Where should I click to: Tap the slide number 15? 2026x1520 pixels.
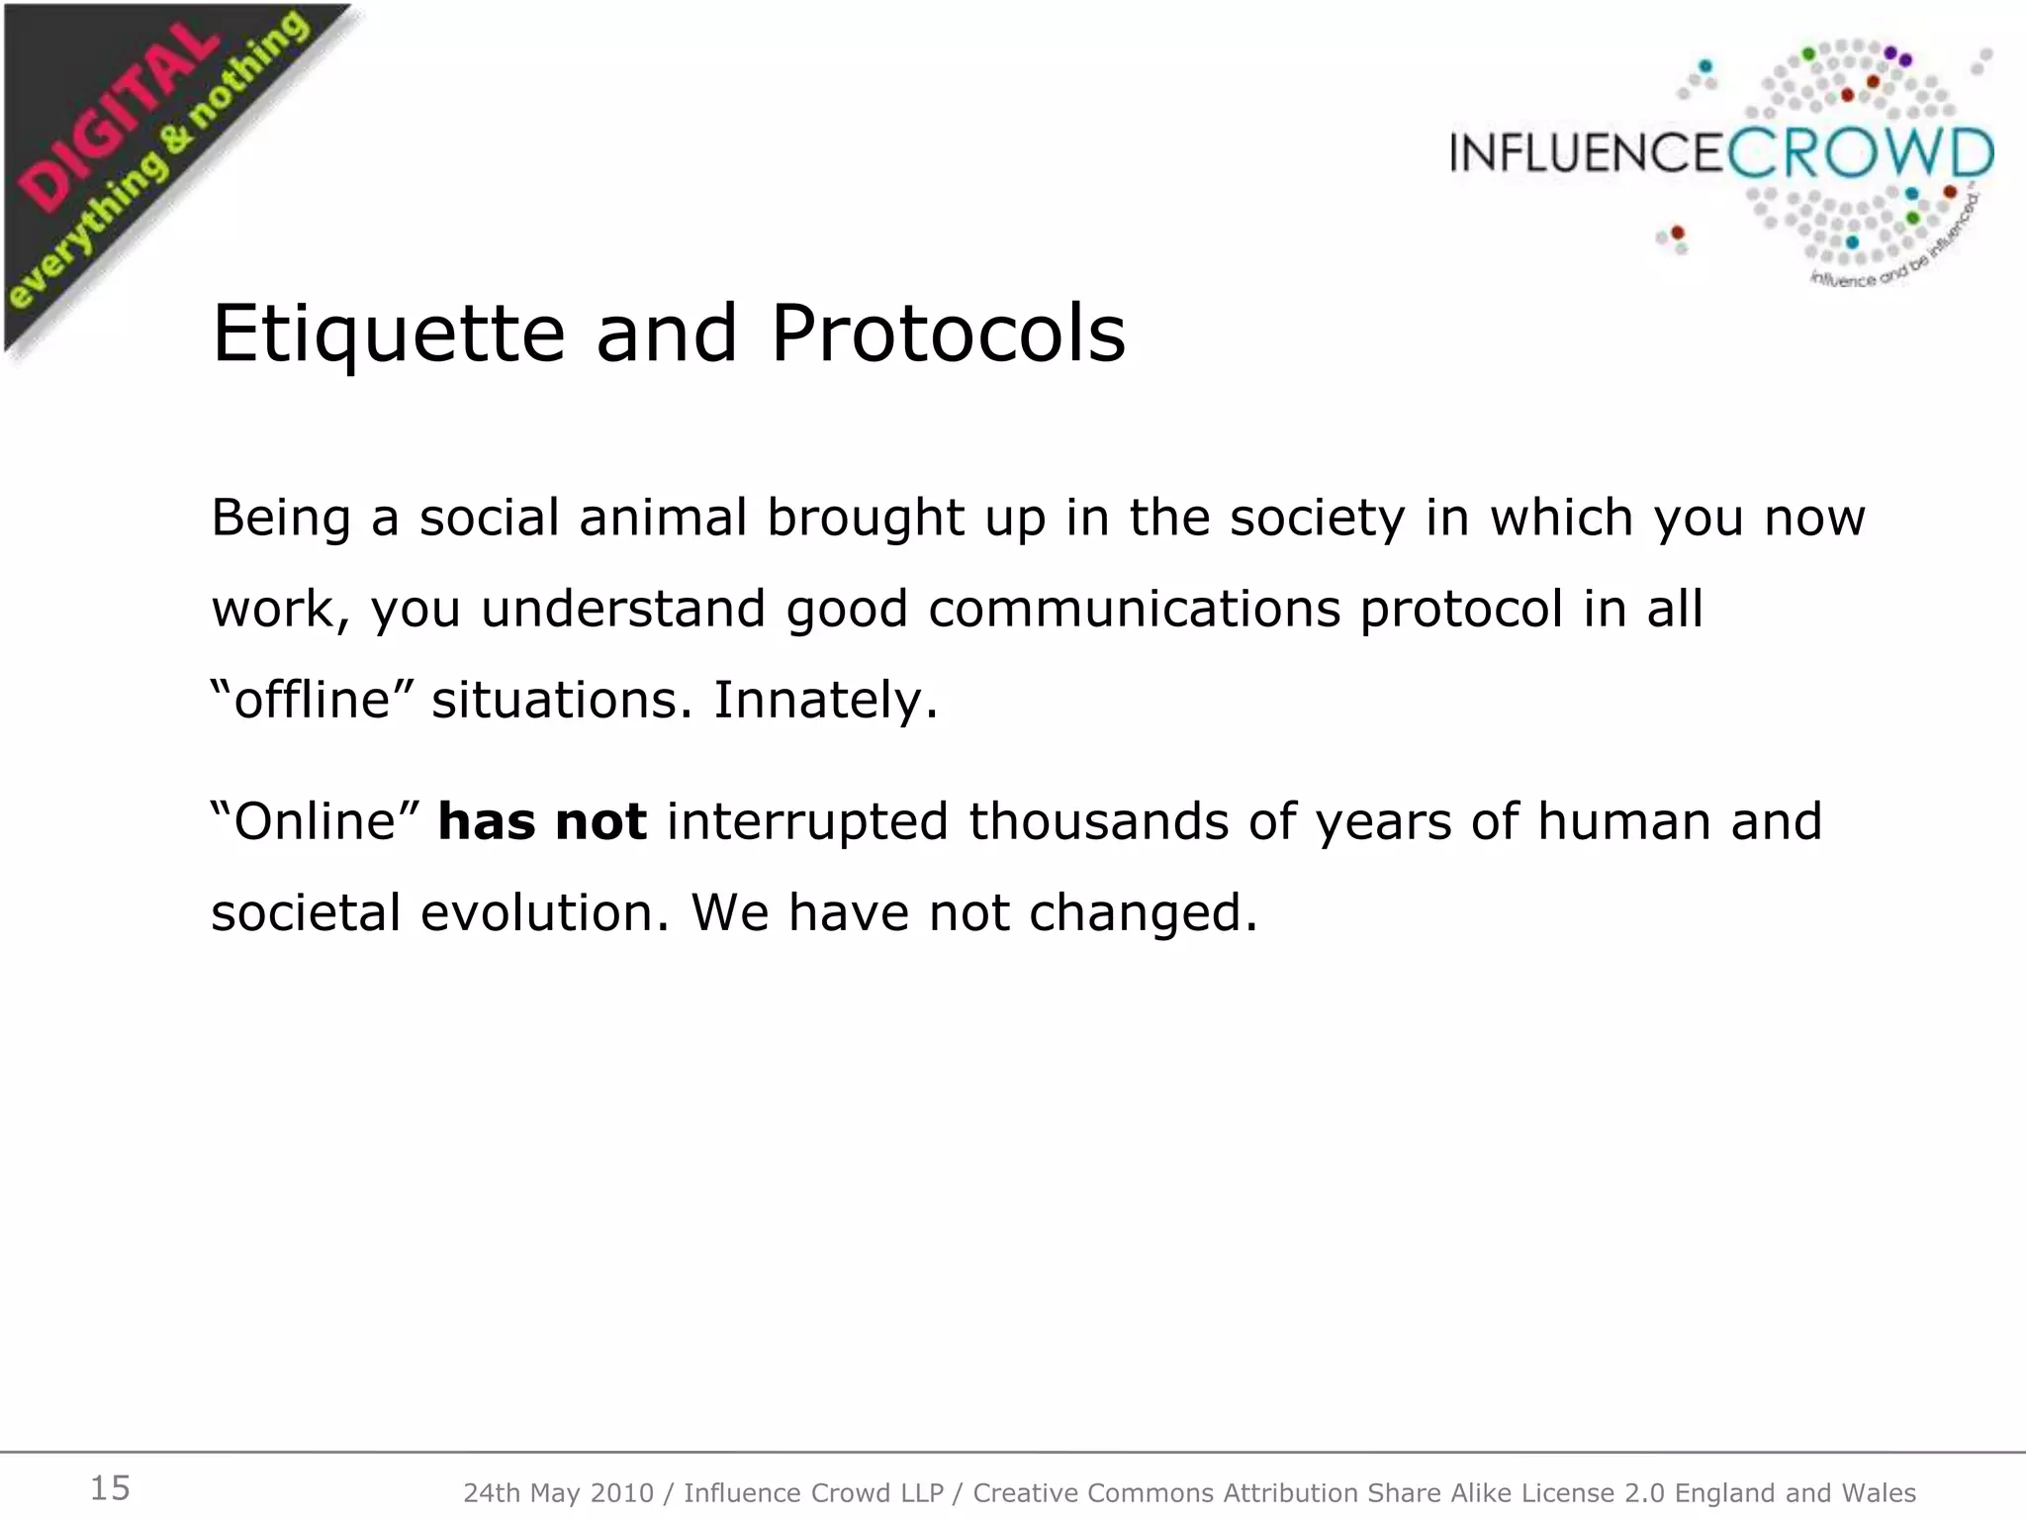[x=110, y=1487]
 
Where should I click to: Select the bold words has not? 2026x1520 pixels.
[x=542, y=821]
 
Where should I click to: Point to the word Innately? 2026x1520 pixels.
[x=825, y=700]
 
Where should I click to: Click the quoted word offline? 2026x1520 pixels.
[x=321, y=700]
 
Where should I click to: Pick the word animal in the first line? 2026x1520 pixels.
[x=662, y=518]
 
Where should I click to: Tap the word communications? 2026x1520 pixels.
[x=1134, y=609]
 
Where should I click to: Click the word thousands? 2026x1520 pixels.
[x=1097, y=821]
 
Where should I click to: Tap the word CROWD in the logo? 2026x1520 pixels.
[x=1861, y=153]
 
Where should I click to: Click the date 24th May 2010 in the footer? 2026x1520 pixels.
[x=558, y=1492]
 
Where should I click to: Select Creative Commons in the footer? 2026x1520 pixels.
[x=1095, y=1492]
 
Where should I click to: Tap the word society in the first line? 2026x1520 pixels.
[x=1317, y=518]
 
